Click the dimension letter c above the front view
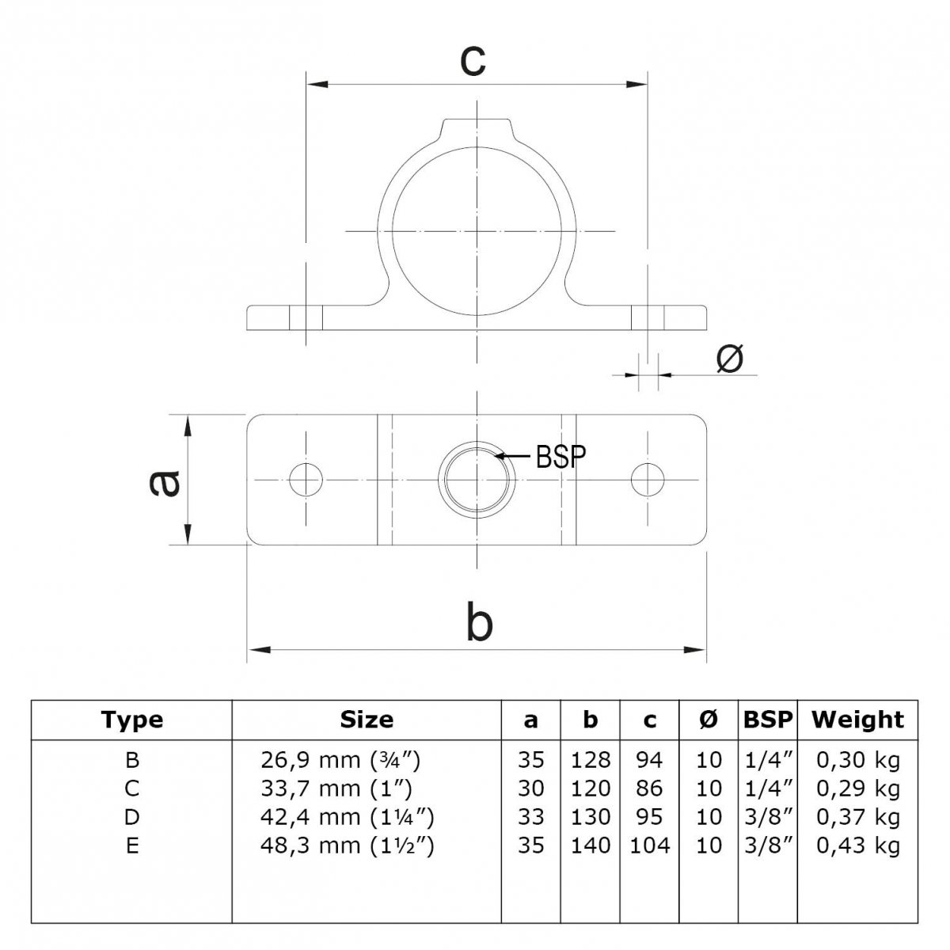pos(473,61)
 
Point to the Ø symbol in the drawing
pos(729,359)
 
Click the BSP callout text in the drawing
pos(561,457)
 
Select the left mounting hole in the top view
pos(306,479)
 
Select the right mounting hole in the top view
pos(648,479)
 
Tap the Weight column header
pos(858,720)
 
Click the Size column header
pos(367,720)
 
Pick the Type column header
pos(131,720)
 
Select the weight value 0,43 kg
pos(858,845)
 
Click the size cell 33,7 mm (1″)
pos(336,788)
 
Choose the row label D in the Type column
pos(132,817)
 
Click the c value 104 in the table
pos(650,845)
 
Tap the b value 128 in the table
pos(591,760)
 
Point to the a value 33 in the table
pos(531,817)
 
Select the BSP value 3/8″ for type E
pos(768,845)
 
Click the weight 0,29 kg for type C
pos(858,788)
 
